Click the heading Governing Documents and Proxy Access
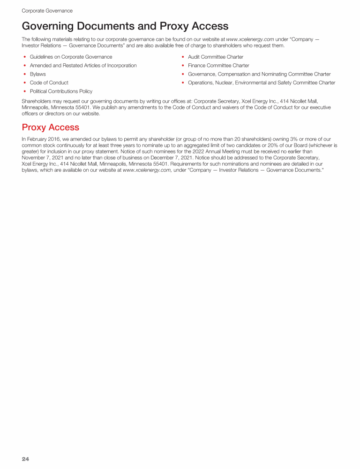click(x=125, y=26)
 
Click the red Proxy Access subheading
click(x=51, y=127)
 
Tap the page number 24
click(x=25, y=459)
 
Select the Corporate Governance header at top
click(x=47, y=10)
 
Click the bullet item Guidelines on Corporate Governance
click(x=71, y=57)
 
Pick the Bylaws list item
click(x=37, y=74)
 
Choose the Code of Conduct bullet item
click(x=49, y=83)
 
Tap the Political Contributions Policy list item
click(x=61, y=91)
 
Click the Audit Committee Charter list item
click(x=215, y=57)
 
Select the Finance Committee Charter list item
click(x=218, y=66)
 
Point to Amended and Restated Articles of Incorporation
click(x=83, y=66)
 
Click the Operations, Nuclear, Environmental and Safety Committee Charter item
click(x=261, y=83)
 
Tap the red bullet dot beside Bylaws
click(x=24, y=74)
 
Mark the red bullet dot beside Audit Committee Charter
click(x=182, y=57)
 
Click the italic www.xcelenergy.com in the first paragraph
click(x=250, y=39)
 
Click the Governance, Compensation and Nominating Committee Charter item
click(x=259, y=74)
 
